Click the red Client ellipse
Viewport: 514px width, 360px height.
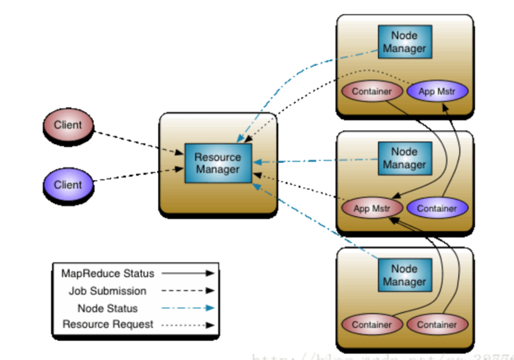pyautogui.click(x=68, y=126)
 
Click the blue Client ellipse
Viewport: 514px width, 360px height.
pyautogui.click(x=68, y=185)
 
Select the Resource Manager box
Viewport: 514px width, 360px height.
pyautogui.click(x=217, y=163)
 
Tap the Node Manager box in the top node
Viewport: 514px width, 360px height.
pyautogui.click(x=404, y=42)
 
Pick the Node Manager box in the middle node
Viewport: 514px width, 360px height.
pyautogui.click(x=404, y=158)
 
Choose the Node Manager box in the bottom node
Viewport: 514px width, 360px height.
pyautogui.click(x=404, y=275)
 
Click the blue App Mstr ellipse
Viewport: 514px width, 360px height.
pyautogui.click(x=436, y=92)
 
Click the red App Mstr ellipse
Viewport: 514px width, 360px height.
pyautogui.click(x=371, y=208)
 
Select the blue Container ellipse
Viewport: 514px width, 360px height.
pyautogui.click(x=436, y=208)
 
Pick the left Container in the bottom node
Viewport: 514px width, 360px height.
pyautogui.click(x=372, y=324)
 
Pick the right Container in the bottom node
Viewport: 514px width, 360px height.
pyautogui.click(x=436, y=324)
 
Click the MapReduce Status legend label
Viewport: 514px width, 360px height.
pyautogui.click(x=108, y=273)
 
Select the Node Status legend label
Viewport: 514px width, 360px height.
pyautogui.click(x=108, y=308)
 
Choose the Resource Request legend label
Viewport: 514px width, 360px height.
pyautogui.click(x=108, y=324)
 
